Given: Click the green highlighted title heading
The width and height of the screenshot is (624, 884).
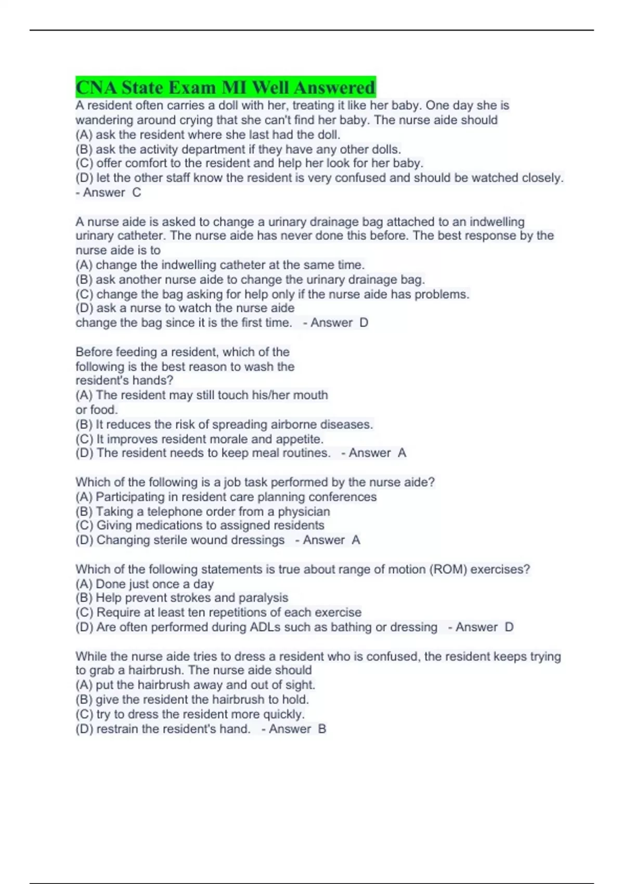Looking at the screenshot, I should [x=225, y=87].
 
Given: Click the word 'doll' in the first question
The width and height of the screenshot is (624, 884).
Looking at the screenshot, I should [x=228, y=106].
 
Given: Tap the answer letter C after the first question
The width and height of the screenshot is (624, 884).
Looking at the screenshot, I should [x=137, y=193].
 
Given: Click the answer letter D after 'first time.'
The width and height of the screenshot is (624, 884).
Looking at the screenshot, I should [x=364, y=323].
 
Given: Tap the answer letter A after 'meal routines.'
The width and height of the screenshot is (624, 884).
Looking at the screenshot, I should [x=402, y=453].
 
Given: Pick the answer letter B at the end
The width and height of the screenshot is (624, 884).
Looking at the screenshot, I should [x=322, y=729].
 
